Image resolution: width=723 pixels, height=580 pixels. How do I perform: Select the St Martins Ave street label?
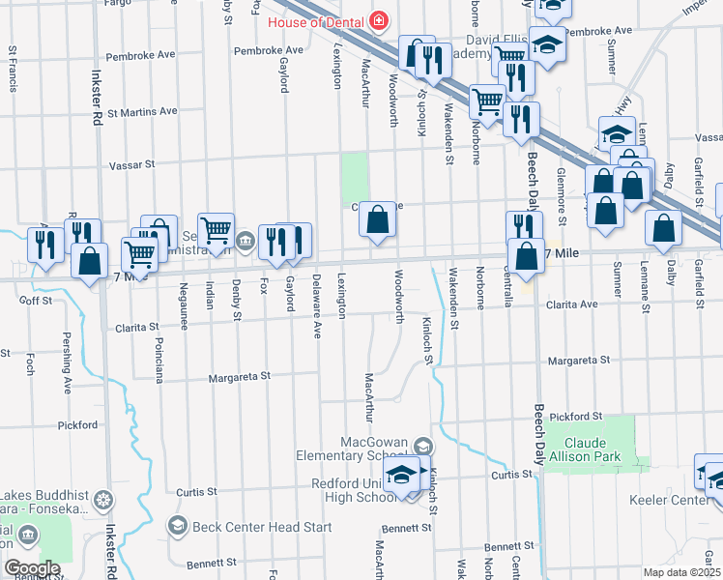[x=142, y=111]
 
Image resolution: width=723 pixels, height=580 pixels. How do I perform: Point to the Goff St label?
[x=35, y=301]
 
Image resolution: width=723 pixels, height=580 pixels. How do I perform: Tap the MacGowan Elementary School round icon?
[x=422, y=446]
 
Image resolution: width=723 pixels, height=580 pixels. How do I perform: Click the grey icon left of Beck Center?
[x=177, y=526]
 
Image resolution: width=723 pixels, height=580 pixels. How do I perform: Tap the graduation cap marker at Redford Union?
[x=400, y=477]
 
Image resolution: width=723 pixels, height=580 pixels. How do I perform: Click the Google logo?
[x=31, y=568]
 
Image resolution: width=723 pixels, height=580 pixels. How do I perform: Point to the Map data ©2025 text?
[x=680, y=572]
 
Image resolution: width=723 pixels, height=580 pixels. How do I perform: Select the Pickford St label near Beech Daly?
[x=574, y=417]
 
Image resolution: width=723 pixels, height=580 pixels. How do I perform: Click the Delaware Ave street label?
[x=317, y=306]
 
